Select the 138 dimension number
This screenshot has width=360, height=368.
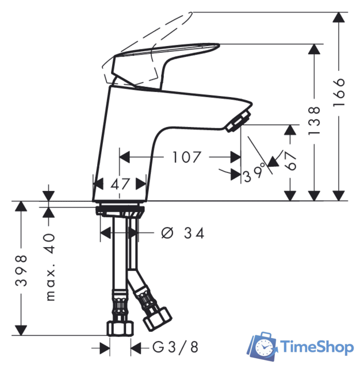tap(313, 120)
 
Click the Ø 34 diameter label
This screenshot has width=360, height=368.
tap(183, 233)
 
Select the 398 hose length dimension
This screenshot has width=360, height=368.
tap(21, 271)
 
